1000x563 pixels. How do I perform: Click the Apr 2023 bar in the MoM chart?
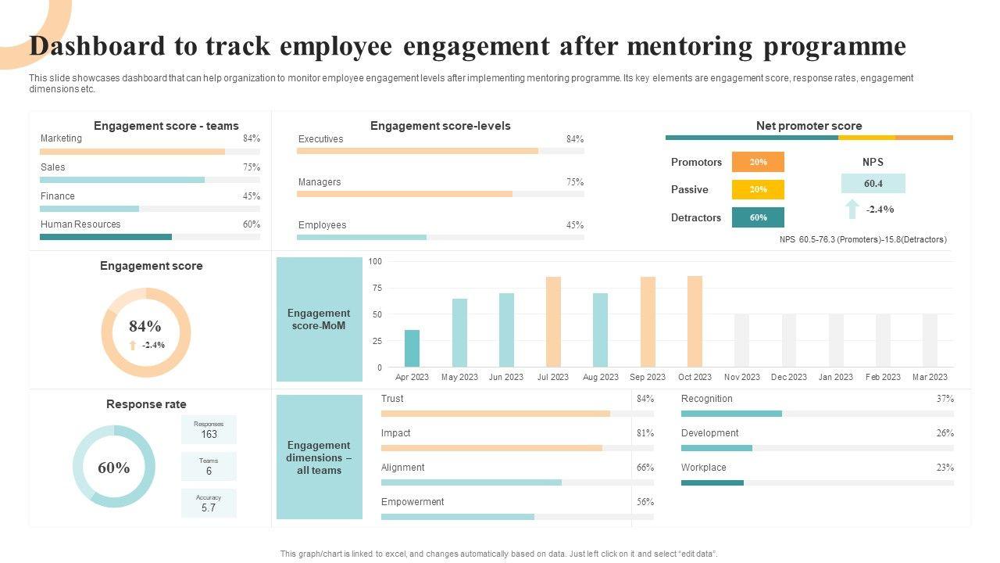tap(412, 349)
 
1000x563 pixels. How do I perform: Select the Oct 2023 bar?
tap(695, 321)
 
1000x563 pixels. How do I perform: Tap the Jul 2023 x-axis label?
tap(553, 377)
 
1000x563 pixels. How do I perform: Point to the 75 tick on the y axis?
tap(377, 288)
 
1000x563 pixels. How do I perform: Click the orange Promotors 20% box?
tap(758, 162)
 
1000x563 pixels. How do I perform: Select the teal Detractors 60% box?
tap(758, 217)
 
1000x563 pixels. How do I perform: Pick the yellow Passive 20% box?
tap(758, 189)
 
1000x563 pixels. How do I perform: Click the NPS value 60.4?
tap(873, 184)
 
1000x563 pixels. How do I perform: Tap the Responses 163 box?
tap(209, 430)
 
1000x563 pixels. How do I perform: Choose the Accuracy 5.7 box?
tap(209, 504)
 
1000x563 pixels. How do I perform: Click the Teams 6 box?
tap(209, 467)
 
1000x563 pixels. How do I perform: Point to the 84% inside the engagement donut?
tap(145, 326)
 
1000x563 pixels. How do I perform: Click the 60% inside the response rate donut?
tap(114, 468)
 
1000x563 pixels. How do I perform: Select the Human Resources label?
tap(80, 224)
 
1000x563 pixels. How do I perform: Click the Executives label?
tap(320, 139)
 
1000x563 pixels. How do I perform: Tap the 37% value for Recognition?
tap(945, 399)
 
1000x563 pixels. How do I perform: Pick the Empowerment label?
tap(412, 502)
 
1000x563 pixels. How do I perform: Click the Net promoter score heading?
tap(809, 126)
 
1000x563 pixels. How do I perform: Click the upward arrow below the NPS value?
tap(852, 209)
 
